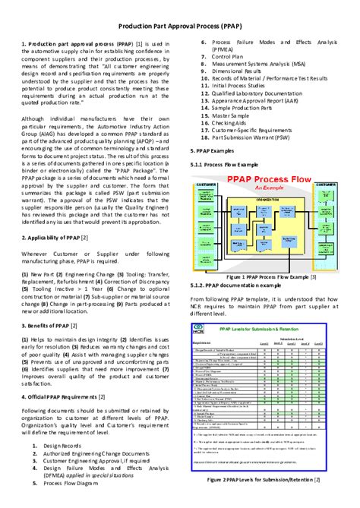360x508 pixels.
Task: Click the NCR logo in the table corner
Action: point(199,331)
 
